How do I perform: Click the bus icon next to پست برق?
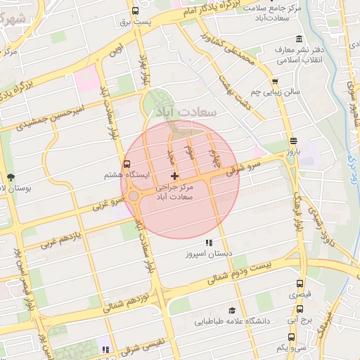point(135,11)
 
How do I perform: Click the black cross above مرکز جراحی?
point(174,175)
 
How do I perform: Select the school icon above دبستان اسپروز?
point(207,243)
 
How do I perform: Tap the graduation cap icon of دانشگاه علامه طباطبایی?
point(230,310)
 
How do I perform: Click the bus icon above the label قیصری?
point(300,284)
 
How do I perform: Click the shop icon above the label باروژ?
point(292,140)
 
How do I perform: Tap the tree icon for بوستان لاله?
point(10,177)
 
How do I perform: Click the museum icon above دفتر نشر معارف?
point(300,38)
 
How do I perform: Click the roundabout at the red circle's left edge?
point(133,196)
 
